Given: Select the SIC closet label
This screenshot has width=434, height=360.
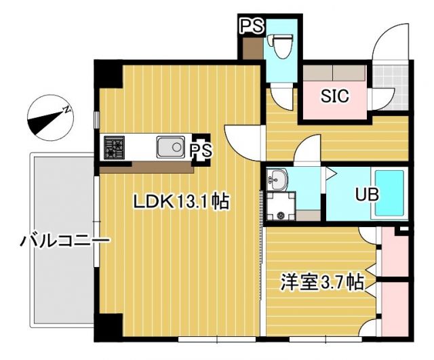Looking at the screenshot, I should point(334,96).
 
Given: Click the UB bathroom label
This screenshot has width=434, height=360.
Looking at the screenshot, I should point(367,195).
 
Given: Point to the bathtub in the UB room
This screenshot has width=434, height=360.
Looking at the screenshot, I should point(389,193).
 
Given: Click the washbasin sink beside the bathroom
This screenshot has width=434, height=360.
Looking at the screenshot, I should point(277,180).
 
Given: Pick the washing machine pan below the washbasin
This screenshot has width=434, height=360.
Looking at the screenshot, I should point(281,206).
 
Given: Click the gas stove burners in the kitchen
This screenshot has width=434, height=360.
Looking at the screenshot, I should point(114,148).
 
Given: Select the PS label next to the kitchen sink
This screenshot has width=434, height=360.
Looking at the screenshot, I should point(200,151).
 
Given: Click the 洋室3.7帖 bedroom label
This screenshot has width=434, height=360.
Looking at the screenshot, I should point(322,281).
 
